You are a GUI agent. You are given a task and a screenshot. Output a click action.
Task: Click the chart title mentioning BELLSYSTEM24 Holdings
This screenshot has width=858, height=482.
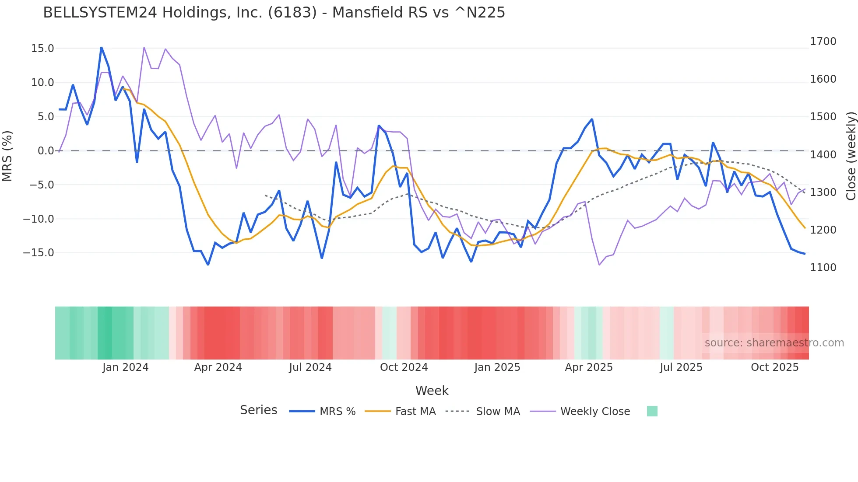point(274,13)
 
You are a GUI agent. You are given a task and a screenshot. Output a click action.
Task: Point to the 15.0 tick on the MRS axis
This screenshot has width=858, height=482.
point(42,49)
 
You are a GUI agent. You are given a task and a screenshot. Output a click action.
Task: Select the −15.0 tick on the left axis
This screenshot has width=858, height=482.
point(39,253)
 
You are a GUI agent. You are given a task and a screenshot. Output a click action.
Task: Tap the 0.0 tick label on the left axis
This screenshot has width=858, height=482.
point(46,151)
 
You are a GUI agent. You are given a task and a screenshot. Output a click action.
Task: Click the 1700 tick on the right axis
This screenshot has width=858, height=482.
point(823,42)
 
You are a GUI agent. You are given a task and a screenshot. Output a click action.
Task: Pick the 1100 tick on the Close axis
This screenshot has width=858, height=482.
point(823,268)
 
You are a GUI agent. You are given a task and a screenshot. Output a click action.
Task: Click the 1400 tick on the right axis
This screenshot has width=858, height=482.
point(823,154)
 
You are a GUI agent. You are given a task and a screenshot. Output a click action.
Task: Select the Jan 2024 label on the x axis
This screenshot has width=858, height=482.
point(126,367)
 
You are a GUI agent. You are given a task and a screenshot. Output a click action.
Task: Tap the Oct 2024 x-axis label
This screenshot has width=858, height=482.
point(404,367)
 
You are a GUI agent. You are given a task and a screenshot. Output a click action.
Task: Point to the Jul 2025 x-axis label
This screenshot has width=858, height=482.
point(681,367)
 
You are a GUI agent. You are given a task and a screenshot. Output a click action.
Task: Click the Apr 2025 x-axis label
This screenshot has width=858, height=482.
point(589,367)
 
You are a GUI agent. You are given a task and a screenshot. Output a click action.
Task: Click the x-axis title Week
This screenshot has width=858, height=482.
point(432,391)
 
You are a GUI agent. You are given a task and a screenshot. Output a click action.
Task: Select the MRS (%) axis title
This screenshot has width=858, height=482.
point(7,156)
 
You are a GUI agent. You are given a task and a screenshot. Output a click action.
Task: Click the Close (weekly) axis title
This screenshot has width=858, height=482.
point(851,156)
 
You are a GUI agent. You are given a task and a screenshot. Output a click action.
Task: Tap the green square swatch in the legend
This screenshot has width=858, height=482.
point(652,411)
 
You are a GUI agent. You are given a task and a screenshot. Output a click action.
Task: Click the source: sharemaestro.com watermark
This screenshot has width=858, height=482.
point(774,343)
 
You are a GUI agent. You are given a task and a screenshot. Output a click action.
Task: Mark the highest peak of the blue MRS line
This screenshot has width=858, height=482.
point(101,47)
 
